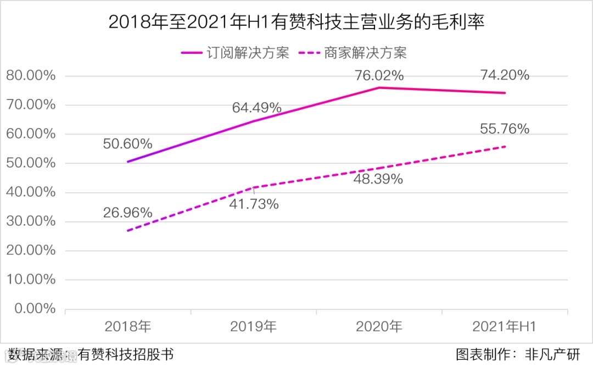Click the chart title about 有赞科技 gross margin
[296, 22]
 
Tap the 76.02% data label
[379, 75]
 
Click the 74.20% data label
[505, 75]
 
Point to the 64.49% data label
[256, 108]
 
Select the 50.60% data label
[127, 144]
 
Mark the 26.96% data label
[127, 212]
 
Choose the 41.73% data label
[254, 204]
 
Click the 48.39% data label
[379, 179]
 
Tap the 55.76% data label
[505, 129]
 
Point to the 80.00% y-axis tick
[31, 76]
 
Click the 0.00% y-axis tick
[34, 309]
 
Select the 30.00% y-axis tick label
[31, 221]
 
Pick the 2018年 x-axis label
[128, 326]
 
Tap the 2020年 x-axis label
[379, 326]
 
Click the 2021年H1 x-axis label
[505, 326]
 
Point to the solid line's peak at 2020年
[379, 87]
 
